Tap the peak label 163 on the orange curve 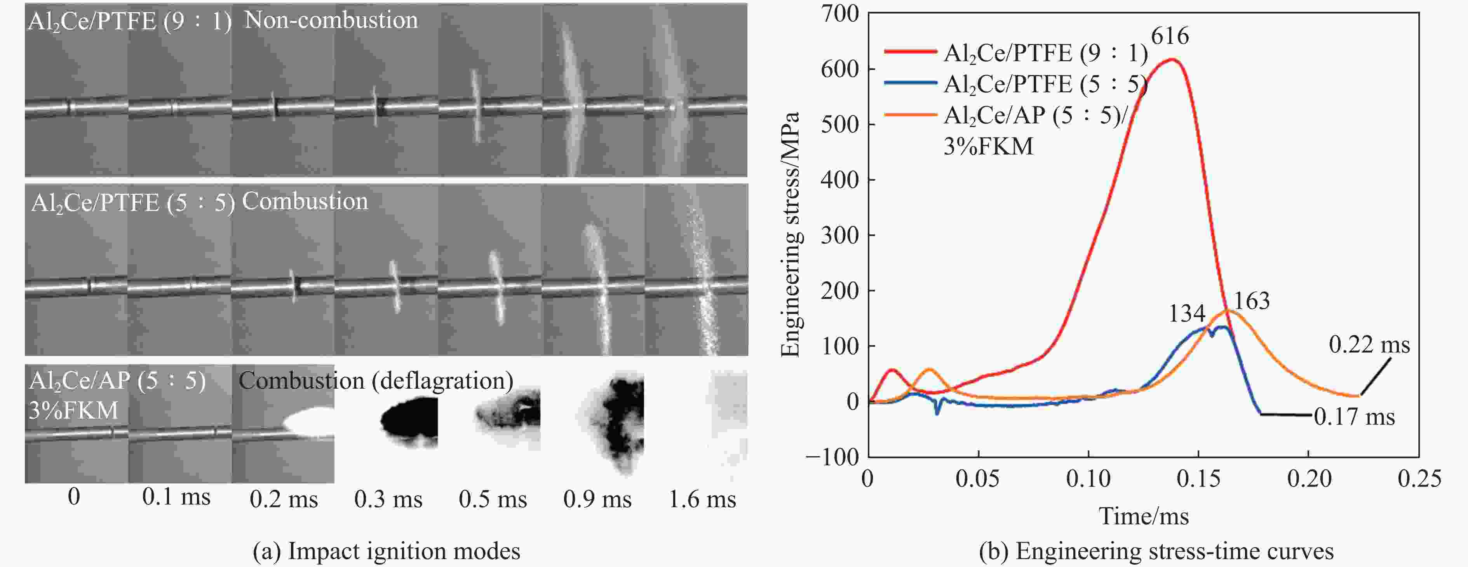coord(1252,301)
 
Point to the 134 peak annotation coord(1187,313)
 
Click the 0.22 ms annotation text coord(1369,345)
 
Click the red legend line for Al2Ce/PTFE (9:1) coord(911,52)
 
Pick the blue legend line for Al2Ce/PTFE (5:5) coord(911,83)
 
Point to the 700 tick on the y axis coord(839,14)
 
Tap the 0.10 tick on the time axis coord(1088,479)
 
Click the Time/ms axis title coord(1143,516)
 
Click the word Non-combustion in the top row coord(331,21)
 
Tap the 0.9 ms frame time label coord(597,499)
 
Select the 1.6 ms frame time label coord(702,499)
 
